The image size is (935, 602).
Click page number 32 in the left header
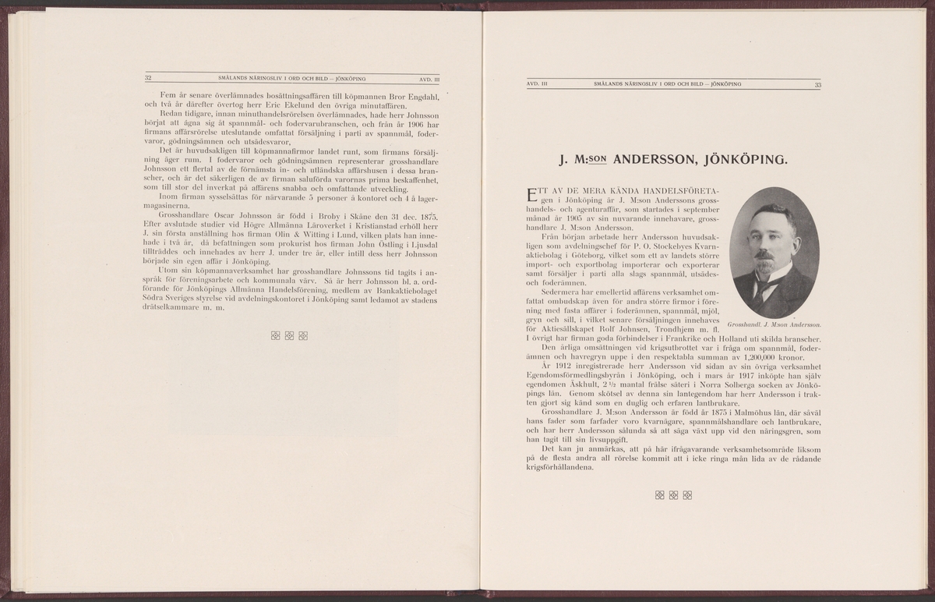(148, 77)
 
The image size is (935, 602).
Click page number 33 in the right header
(817, 84)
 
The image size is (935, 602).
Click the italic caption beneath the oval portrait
(775, 324)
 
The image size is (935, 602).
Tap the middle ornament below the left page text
(289, 336)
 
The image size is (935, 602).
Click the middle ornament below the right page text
(672, 494)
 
